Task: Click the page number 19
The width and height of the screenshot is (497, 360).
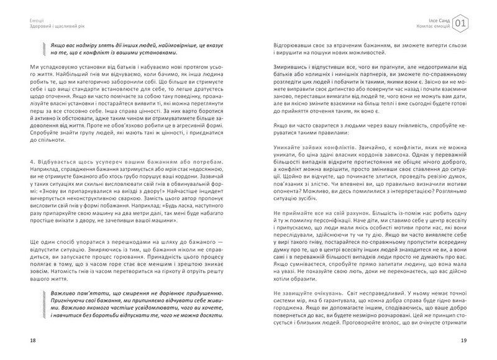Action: coord(473,341)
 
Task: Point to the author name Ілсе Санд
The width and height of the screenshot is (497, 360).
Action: coord(440,19)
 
